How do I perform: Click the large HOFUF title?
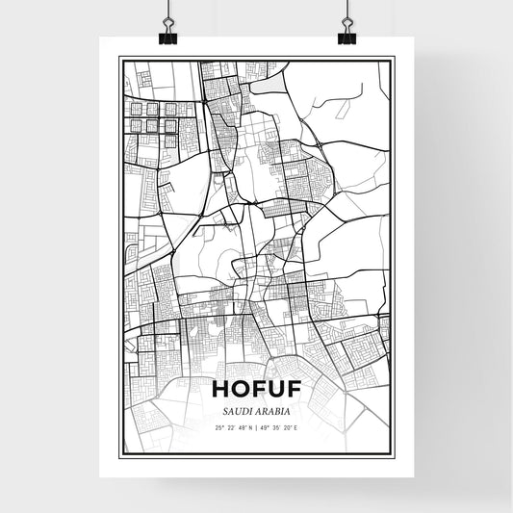[256, 389]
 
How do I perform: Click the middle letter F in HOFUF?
[257, 389]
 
